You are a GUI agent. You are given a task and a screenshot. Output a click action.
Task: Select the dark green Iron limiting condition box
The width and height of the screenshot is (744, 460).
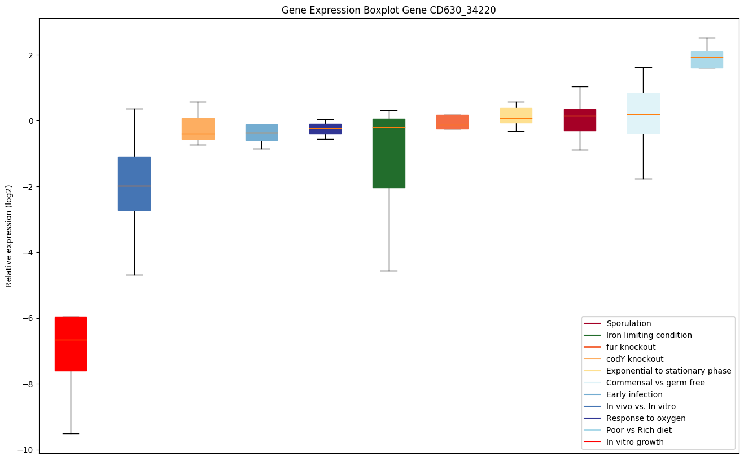coord(389,153)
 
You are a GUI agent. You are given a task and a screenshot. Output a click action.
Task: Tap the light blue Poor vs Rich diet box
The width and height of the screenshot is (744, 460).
coord(707,60)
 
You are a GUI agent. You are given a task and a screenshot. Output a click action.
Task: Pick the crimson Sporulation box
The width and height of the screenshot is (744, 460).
coord(580,120)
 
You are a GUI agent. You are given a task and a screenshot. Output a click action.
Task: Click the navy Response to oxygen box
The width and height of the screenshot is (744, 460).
coord(325,129)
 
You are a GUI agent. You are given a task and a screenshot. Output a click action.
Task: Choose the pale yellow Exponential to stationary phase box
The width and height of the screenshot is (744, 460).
coord(516,115)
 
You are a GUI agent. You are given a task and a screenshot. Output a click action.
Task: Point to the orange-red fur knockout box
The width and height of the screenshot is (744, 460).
coord(452,122)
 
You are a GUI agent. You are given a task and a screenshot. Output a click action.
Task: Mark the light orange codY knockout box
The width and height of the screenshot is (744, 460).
coord(198,129)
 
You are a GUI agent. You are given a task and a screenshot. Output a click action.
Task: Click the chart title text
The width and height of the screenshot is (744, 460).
coord(388,10)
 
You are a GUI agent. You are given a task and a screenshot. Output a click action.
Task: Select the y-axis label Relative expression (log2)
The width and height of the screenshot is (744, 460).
coord(9,236)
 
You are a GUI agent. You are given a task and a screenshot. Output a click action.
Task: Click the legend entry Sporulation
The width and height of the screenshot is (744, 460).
coord(628,323)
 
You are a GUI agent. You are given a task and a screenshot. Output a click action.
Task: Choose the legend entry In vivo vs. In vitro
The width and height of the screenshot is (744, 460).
coord(641,406)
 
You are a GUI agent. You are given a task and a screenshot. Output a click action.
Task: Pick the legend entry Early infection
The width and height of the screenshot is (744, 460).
coord(634,394)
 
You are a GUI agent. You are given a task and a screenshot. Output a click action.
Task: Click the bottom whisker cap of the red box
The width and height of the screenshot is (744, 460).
coord(71,433)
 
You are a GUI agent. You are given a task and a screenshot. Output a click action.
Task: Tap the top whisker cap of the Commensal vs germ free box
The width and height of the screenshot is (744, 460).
coord(644,67)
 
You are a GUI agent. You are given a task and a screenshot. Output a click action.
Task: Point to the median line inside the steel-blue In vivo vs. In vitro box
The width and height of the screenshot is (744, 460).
coord(134,186)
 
